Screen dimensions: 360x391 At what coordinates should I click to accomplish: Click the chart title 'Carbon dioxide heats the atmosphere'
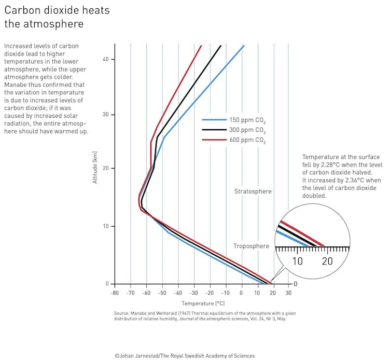tap(57, 17)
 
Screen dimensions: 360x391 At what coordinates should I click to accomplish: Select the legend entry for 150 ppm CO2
tap(247, 120)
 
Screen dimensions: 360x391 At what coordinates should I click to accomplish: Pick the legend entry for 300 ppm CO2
tap(247, 130)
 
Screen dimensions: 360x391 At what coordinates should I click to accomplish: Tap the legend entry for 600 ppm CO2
tap(247, 141)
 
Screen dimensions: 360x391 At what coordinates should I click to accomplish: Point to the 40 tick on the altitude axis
tap(105, 59)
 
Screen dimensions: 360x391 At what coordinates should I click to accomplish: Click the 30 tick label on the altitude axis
tap(105, 115)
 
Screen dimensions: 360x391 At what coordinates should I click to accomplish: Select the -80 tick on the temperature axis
tap(115, 293)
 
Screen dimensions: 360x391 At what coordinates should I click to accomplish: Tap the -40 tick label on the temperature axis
tap(178, 293)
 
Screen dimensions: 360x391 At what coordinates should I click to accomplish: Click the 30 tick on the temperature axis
tap(289, 293)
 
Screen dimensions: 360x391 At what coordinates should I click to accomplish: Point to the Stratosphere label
tap(253, 191)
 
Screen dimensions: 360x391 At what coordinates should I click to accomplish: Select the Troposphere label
tap(251, 246)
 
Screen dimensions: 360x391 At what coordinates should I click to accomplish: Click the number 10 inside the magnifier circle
tap(297, 261)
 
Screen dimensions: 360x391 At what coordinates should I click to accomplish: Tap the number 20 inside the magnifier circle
tap(327, 261)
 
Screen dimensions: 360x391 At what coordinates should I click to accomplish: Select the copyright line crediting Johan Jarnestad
tap(185, 356)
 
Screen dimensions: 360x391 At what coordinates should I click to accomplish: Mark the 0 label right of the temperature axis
tap(295, 284)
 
